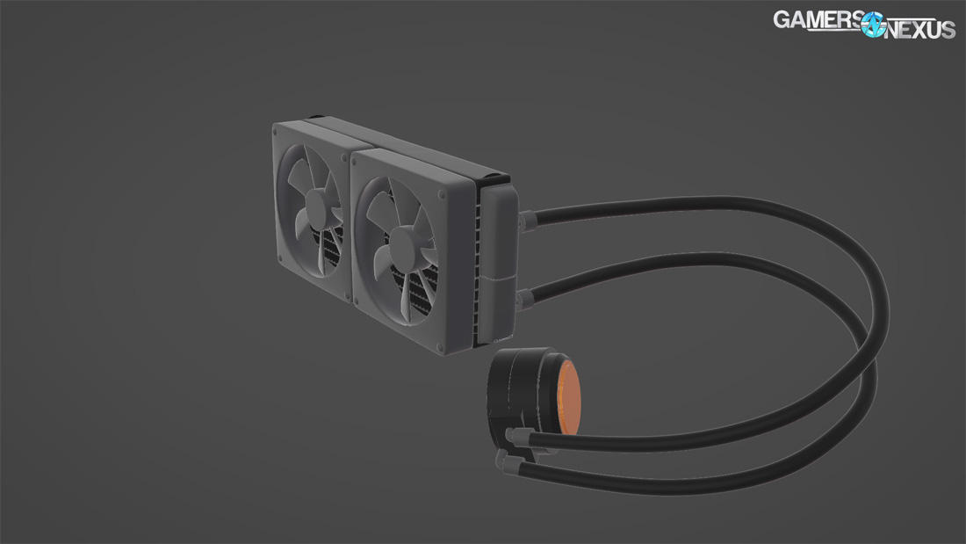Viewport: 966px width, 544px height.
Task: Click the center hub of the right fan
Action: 402,239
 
